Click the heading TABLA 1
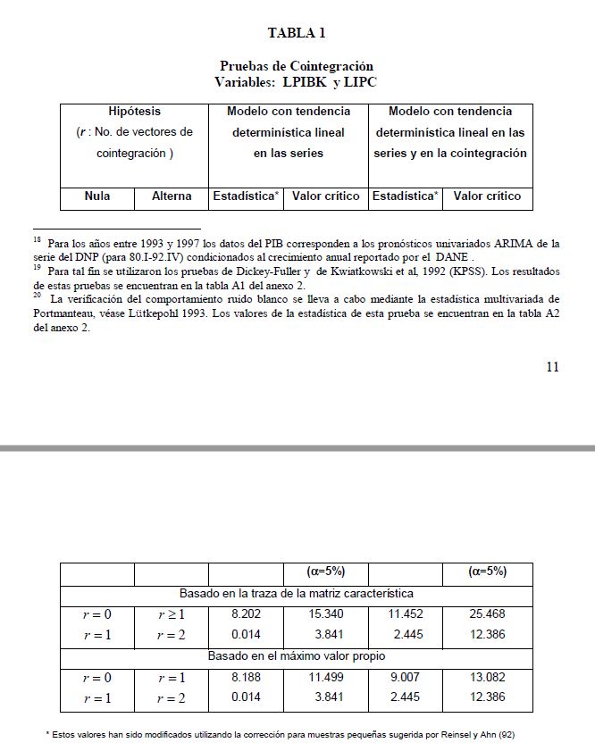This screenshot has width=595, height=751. (297, 33)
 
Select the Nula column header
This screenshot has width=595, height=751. (96, 196)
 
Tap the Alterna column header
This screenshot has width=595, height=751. (172, 196)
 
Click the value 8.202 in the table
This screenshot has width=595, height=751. (246, 614)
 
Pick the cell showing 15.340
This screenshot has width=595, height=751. (326, 614)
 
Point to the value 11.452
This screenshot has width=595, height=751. (405, 614)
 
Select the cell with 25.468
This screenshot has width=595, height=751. (488, 614)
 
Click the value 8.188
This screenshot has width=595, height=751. (246, 678)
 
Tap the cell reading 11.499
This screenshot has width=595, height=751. (326, 678)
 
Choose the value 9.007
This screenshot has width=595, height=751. (405, 678)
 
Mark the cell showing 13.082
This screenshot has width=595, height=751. (488, 678)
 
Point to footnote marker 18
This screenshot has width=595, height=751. (37, 239)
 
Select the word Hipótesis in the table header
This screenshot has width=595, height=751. (134, 112)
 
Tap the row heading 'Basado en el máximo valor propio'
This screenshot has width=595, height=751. (297, 656)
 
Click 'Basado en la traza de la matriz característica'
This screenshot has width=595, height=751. (297, 593)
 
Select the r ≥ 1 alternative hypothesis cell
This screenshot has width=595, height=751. (172, 614)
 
